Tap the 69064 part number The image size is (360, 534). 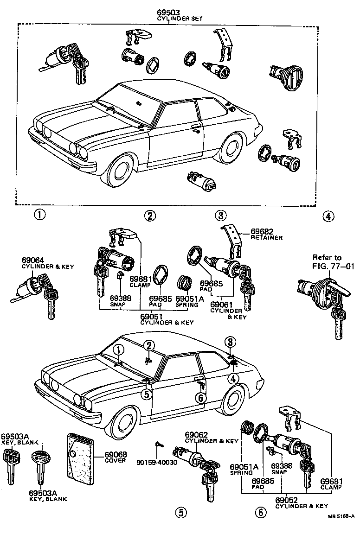pos(32,261)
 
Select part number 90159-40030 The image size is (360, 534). pos(157,463)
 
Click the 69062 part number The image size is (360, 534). pos(197,434)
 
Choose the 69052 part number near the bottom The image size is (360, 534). pos(286,500)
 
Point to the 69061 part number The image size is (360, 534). pos(221,305)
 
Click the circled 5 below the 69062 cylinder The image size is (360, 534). pos(180,512)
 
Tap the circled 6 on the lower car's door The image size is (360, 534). pos(200,398)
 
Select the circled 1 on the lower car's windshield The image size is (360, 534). pos(118,350)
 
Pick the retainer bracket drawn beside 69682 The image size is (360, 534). pos(233,240)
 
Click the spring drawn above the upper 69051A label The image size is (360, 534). pos(185,281)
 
